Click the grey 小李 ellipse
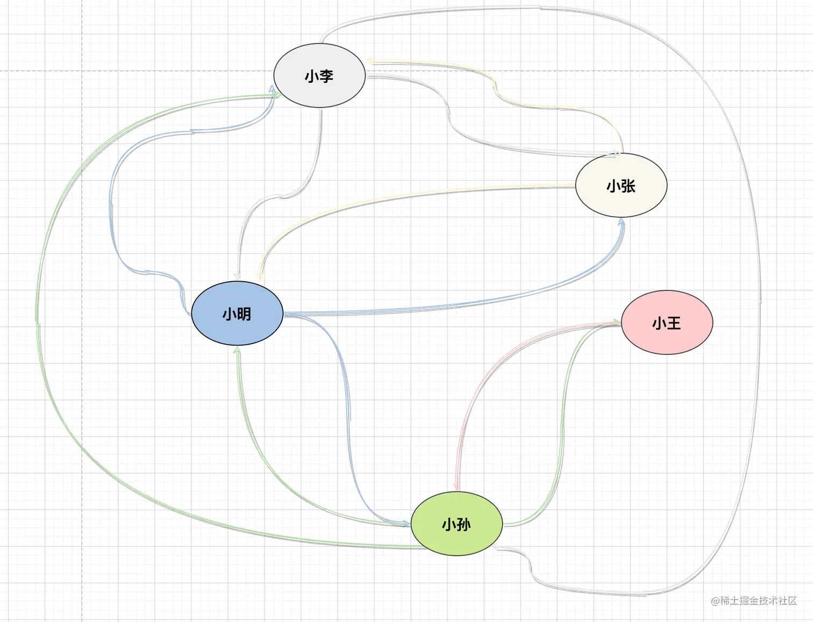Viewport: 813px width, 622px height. point(319,76)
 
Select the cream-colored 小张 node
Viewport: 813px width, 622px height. point(621,185)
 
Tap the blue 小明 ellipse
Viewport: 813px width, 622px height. point(237,313)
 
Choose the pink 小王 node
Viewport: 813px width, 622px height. point(667,323)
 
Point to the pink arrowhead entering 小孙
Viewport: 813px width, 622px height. point(456,487)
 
